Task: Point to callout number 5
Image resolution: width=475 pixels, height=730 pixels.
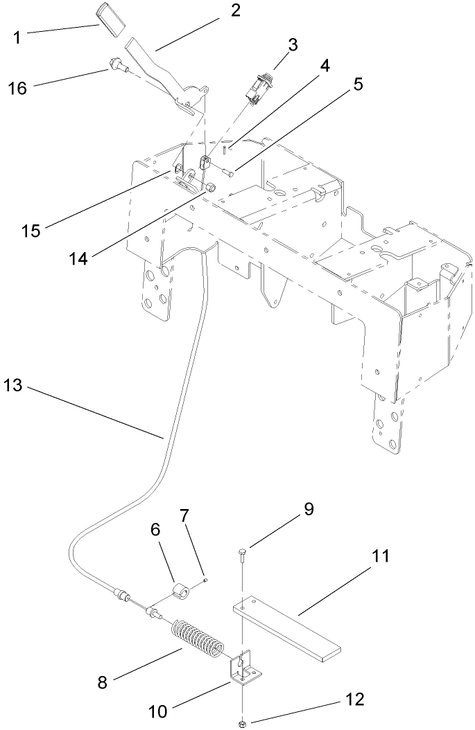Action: pyautogui.click(x=358, y=84)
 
